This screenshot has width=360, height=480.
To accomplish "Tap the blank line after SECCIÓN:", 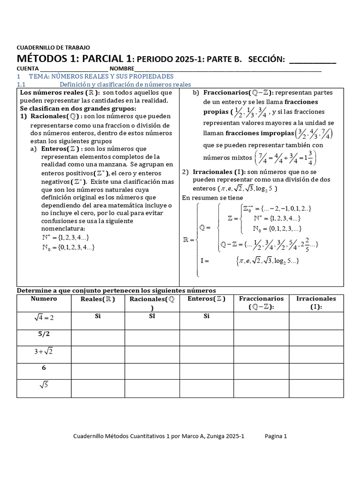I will pyautogui.click(x=313, y=61).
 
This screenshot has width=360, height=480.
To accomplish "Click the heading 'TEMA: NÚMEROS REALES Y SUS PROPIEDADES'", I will pyautogui.click(x=101, y=76).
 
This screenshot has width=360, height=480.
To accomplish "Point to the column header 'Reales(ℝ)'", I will pyautogui.click(x=97, y=299).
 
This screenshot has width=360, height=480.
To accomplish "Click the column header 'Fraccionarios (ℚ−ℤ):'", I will pyautogui.click(x=261, y=302).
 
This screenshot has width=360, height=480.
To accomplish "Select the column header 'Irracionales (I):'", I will pyautogui.click(x=316, y=302).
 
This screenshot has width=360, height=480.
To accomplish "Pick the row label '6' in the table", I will pyautogui.click(x=44, y=368).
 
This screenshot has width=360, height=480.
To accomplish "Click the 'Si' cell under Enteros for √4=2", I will pyautogui.click(x=206, y=316).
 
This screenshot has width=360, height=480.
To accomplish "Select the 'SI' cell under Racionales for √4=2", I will pyautogui.click(x=152, y=316).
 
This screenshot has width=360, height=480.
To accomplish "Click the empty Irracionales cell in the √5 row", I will pyautogui.click(x=316, y=388).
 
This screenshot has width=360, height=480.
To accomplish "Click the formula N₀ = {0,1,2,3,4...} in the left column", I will pyautogui.click(x=68, y=247).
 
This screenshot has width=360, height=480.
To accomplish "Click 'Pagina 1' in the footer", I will pyautogui.click(x=276, y=436).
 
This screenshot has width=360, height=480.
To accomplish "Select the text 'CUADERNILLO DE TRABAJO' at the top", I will pyautogui.click(x=53, y=47).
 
